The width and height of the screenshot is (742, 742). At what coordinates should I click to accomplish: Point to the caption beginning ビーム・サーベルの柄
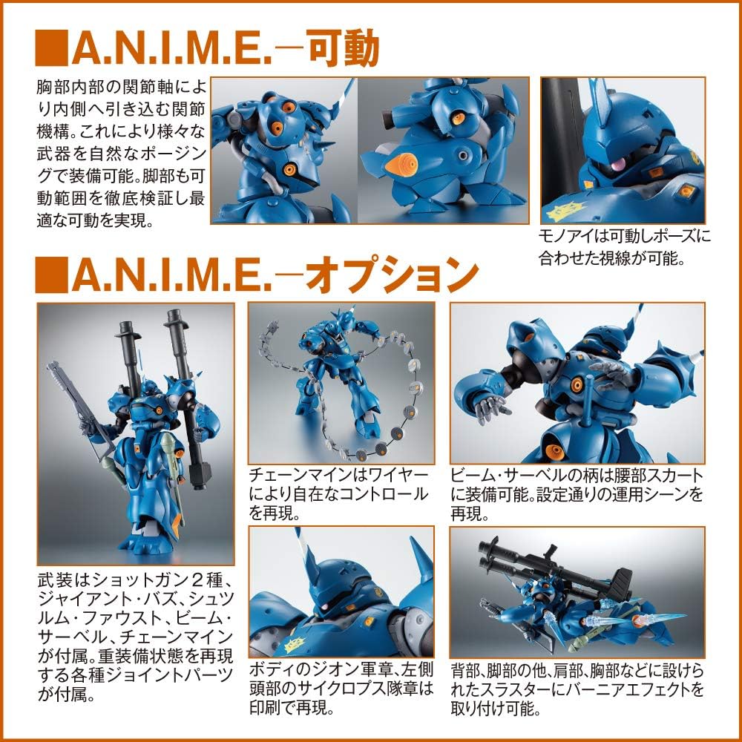tap(577, 493)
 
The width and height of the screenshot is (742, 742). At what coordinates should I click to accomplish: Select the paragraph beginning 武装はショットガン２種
tap(124, 635)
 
